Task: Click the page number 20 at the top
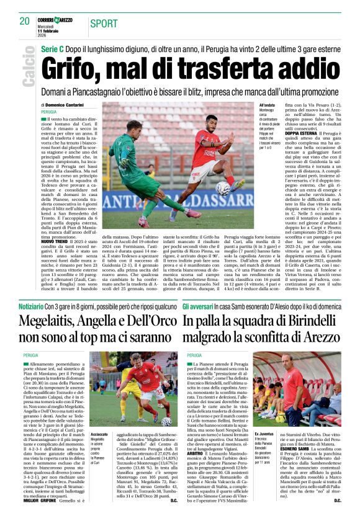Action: (25, 21)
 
